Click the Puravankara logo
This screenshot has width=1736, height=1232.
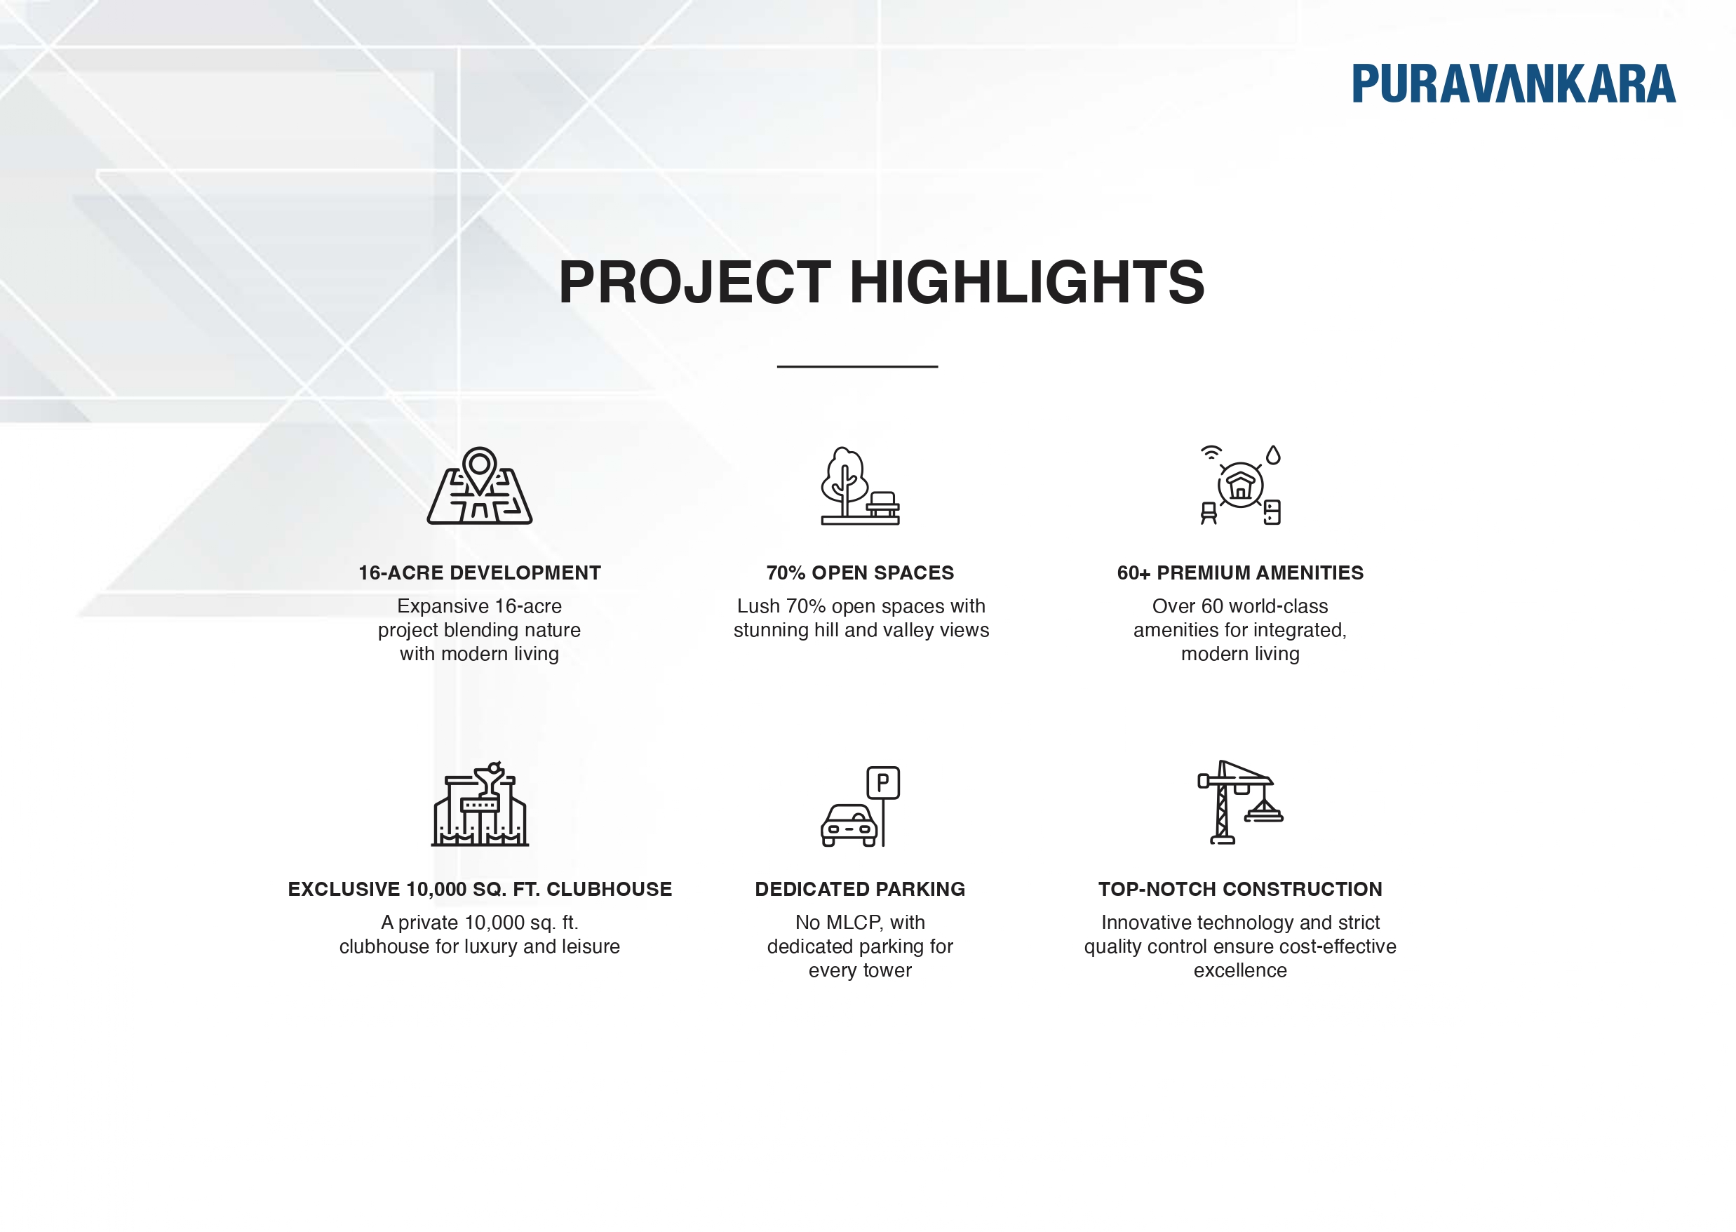[x=1512, y=83]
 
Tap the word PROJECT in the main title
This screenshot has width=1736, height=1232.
[x=694, y=282]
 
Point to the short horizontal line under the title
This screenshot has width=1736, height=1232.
[x=857, y=366]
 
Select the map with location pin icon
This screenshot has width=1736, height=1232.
[x=479, y=486]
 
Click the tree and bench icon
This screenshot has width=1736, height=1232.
[x=859, y=486]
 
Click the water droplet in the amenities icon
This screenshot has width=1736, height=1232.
[x=1273, y=455]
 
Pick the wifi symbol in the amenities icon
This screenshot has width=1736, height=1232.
[x=1211, y=453]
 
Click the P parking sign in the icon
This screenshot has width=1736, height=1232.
[x=883, y=782]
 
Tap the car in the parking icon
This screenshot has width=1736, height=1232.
[x=849, y=825]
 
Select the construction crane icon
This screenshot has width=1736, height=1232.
[x=1239, y=802]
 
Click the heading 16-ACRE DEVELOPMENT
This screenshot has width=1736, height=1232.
[x=479, y=573]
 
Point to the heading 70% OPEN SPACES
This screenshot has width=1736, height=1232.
[x=860, y=573]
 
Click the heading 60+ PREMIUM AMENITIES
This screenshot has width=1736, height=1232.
[x=1240, y=573]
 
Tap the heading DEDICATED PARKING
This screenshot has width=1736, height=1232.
[x=860, y=889]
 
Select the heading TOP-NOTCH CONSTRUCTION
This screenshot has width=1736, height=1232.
[x=1240, y=889]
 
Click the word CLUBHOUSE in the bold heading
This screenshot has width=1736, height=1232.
[x=609, y=889]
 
